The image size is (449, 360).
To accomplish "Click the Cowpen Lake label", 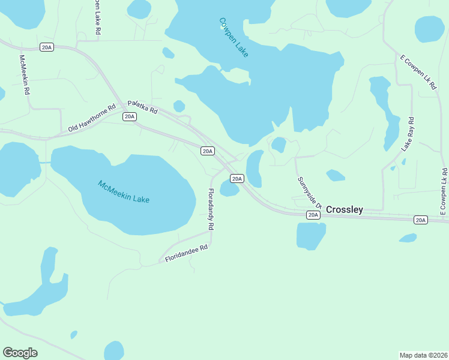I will pos(234,37).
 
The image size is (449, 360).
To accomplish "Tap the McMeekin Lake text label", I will pos(124,191).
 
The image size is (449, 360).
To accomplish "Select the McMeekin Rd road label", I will pos(25,76).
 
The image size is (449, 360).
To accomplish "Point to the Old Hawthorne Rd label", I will pos(91,119).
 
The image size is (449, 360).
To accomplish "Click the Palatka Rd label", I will pos(142,107).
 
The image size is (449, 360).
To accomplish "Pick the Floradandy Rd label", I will pos(211,210).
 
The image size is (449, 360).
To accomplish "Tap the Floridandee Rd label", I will pos(187,253).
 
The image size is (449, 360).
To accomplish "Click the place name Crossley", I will pos(345,209).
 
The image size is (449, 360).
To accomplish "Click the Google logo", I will pos(20,353).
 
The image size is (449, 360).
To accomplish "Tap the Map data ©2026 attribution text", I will pos(423,355).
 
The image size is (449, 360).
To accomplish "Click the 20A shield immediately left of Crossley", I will pos(313,214).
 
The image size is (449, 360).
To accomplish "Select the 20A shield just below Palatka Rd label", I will pos(129,116).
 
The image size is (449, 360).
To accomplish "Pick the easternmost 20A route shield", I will pos(421,220).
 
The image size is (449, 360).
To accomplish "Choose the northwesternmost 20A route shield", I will pos(47,47).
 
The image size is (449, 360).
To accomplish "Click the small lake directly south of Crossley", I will pos(311,235).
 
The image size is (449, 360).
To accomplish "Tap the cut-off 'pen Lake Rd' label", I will pos(97,17).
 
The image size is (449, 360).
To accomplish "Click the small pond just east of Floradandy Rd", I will pos(229,190).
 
